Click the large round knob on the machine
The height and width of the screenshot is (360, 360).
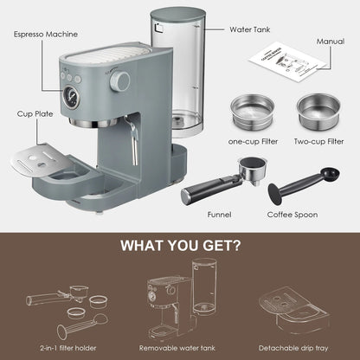pyautogui.click(x=121, y=81)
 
